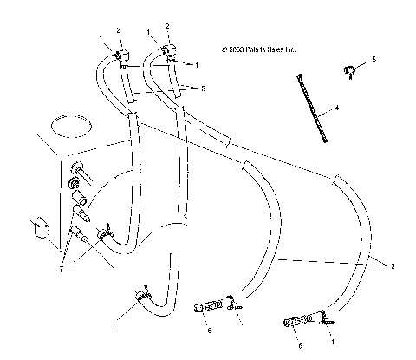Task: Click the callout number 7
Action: coord(63,268)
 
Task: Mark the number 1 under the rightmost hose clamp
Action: coord(333,343)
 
